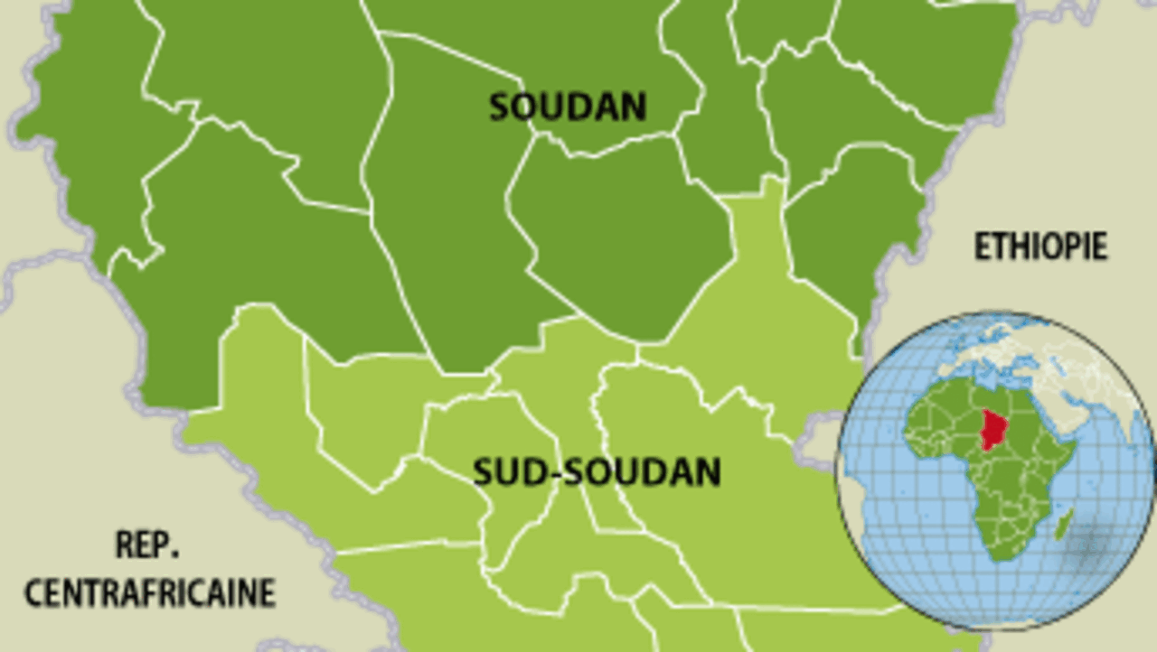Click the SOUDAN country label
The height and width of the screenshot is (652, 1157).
568,107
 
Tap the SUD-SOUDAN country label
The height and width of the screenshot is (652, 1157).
597,471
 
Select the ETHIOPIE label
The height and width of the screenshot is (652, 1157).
1040,246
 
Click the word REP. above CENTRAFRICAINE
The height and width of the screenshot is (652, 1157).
148,545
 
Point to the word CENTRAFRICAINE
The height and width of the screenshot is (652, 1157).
149,593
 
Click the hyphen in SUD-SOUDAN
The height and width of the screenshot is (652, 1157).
545,473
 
